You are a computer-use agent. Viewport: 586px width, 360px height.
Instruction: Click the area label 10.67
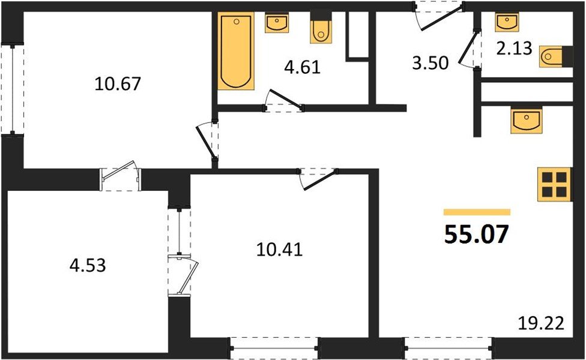pos(118,84)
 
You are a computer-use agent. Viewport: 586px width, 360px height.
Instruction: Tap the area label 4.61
pos(301,66)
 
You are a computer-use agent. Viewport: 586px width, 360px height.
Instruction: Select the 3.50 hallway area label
pos(430,62)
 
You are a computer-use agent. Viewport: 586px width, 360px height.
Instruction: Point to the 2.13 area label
pos(514,49)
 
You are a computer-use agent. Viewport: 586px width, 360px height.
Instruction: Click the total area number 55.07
pos(477,235)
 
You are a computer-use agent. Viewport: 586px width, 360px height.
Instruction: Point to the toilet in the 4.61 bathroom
pos(321,29)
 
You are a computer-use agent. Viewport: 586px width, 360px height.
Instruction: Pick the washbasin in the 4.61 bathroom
pos(277,23)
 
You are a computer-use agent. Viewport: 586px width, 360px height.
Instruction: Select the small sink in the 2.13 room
pos(506,22)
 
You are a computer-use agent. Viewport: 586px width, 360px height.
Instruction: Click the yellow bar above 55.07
pos(477,212)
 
